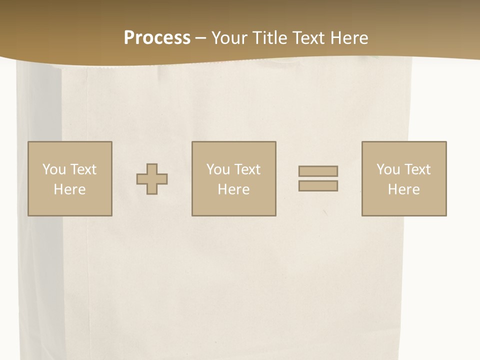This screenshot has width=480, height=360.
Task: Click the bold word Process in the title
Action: click(157, 38)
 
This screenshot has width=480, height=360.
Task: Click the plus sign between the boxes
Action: click(152, 178)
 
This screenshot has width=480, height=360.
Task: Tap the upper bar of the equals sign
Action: click(318, 171)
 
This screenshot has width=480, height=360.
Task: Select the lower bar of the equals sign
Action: click(318, 185)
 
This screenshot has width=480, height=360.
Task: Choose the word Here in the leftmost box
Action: click(69, 189)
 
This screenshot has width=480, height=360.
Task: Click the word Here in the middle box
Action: click(233, 189)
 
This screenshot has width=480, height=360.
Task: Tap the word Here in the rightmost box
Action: click(403, 189)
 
